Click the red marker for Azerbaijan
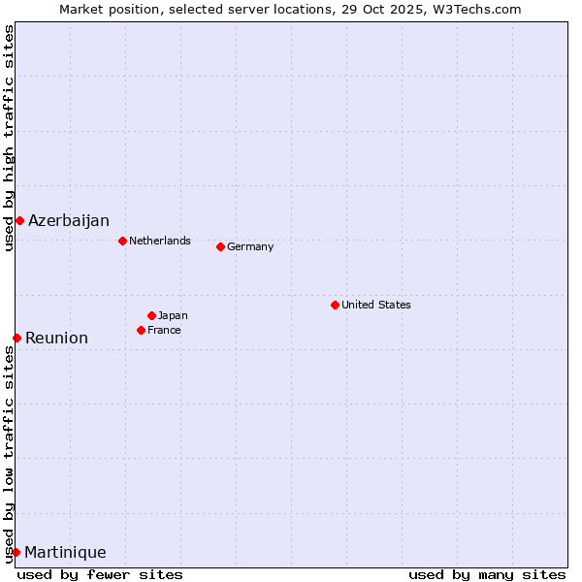[x=19, y=220]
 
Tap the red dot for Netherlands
[x=122, y=241]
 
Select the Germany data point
[x=220, y=246]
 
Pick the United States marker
[x=335, y=305]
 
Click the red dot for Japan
[x=151, y=315]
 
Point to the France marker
[x=141, y=330]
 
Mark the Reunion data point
[x=16, y=338]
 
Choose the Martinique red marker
[x=16, y=552]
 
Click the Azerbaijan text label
[x=69, y=221]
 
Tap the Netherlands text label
[x=160, y=241]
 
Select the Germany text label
[x=250, y=246]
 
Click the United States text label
[x=376, y=305]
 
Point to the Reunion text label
[x=56, y=339]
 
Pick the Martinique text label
[x=65, y=553]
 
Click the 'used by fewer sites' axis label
[x=100, y=574]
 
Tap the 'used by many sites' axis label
[x=487, y=574]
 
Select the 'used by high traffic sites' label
[x=9, y=138]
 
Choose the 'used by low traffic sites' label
[x=9, y=456]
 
